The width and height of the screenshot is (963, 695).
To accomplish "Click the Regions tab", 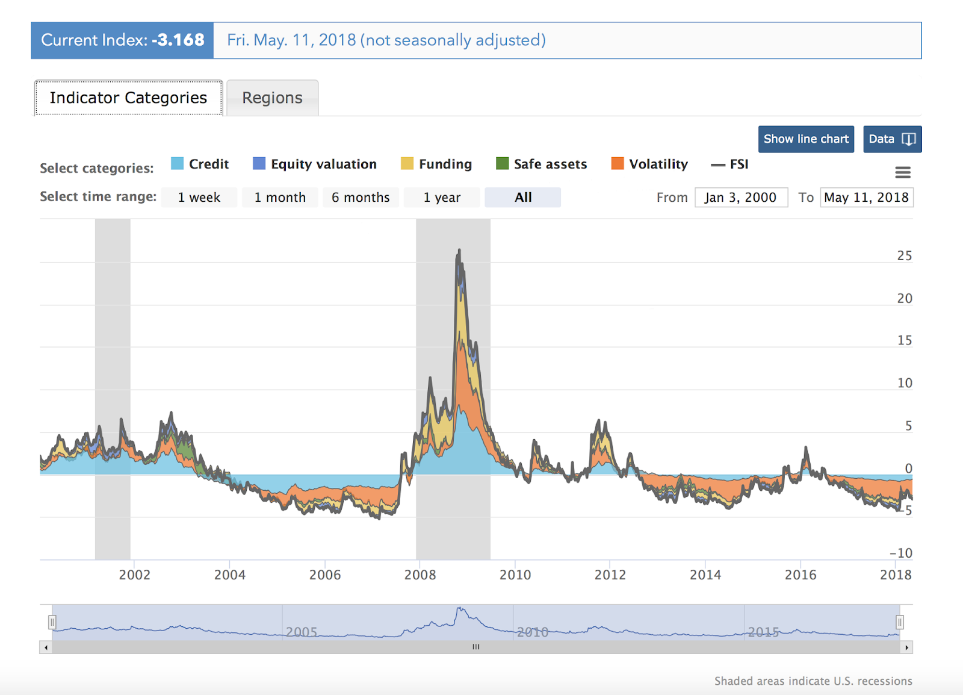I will (272, 98).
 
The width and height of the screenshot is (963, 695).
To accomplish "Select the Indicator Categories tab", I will (128, 98).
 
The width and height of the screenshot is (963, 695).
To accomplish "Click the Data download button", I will (892, 139).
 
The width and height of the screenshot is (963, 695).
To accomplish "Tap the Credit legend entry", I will (200, 164).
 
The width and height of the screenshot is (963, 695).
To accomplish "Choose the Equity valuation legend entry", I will (315, 164).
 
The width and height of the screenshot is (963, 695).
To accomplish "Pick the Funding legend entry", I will (436, 164).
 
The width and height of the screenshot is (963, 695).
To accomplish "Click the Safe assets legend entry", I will (541, 164).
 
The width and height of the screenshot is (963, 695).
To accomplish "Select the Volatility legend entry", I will (649, 164).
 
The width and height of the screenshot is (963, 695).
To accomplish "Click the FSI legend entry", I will (730, 164).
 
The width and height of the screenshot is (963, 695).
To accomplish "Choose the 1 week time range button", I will (199, 198).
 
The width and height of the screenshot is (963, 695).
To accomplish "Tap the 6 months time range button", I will (361, 198).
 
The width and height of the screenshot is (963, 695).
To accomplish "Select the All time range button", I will (523, 198).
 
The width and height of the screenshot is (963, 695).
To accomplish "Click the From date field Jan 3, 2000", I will (741, 198).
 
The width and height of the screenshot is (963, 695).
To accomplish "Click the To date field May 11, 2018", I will (866, 198).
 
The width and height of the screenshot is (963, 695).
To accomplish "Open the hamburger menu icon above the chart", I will (903, 173).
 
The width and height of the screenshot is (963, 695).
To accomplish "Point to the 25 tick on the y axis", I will (904, 256).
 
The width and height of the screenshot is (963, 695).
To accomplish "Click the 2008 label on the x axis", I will (420, 575).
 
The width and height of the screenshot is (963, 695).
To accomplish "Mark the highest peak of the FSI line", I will (459, 249).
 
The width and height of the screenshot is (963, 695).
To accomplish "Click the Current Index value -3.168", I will (178, 40).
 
